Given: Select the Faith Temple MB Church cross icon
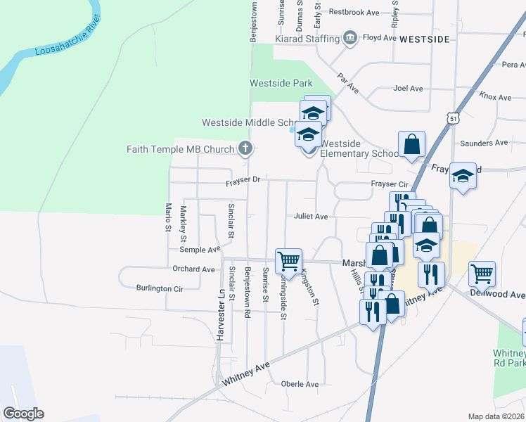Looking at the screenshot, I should (245, 148).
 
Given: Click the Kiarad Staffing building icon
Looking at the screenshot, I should (350, 37).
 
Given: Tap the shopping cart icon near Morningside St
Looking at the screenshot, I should (288, 260).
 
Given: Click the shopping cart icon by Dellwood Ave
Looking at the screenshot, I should (482, 274).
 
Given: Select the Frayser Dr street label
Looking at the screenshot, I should (243, 181).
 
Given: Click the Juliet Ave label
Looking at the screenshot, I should (311, 217).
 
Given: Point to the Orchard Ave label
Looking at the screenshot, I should (193, 269).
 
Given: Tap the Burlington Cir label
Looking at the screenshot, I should (160, 288).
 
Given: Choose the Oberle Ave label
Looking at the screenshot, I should (300, 384).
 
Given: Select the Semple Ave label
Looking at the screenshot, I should (200, 250).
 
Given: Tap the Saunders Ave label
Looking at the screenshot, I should (483, 143).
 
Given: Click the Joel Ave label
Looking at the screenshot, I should (409, 89).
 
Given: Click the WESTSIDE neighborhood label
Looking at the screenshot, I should (423, 40).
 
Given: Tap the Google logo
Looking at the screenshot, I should (23, 413).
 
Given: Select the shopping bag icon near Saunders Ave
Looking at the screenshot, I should (412, 144).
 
